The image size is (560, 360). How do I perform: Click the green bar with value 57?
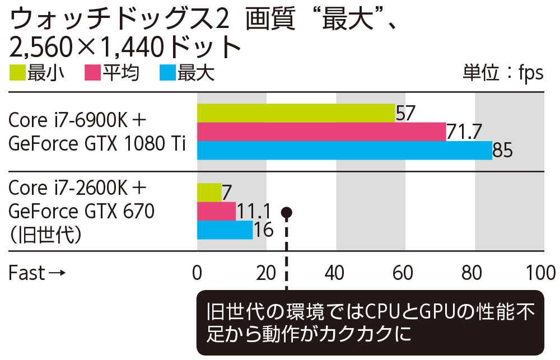pyautogui.click(x=296, y=113)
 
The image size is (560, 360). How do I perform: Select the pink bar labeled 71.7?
pyautogui.click(x=321, y=132)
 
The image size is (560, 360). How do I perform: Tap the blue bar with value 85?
pyautogui.click(x=344, y=151)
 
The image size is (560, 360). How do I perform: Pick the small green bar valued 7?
pyautogui.click(x=209, y=192)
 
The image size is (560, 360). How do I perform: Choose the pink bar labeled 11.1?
pyautogui.click(x=216, y=211)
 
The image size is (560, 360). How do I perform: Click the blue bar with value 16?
pyautogui.click(x=225, y=230)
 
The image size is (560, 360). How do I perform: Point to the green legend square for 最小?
pyautogui.click(x=17, y=73)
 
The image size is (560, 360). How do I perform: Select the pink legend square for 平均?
pyautogui.click(x=92, y=73)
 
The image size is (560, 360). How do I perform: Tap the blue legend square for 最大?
pyautogui.click(x=167, y=73)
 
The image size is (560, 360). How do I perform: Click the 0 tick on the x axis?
pyautogui.click(x=197, y=273)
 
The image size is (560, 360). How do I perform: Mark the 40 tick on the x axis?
pyautogui.click(x=335, y=273)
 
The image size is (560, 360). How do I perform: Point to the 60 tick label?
pyautogui.click(x=405, y=273)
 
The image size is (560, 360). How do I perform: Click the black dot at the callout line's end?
pyautogui.click(x=287, y=212)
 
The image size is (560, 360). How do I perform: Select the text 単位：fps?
pyautogui.click(x=502, y=73)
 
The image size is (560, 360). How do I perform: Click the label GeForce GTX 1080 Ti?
pyautogui.click(x=97, y=144)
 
